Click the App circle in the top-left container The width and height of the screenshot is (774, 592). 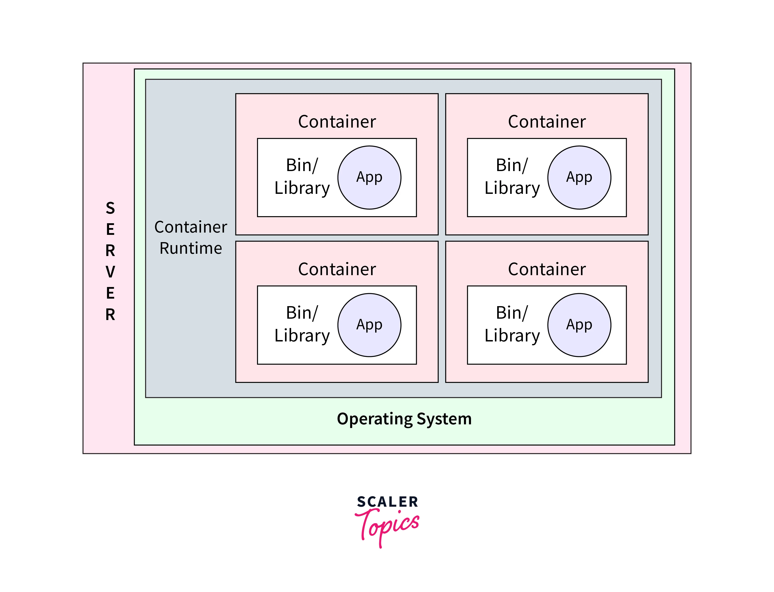(369, 177)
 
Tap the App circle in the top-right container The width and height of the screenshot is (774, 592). (579, 177)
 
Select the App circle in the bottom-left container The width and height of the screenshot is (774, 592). (369, 325)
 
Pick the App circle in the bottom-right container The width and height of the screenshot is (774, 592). (579, 325)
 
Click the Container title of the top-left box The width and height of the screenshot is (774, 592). (337, 122)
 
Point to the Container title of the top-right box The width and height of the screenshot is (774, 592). (547, 122)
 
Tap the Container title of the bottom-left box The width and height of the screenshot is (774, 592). (337, 269)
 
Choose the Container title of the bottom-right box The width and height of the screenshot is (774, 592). (547, 269)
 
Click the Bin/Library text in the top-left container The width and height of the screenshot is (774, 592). (302, 177)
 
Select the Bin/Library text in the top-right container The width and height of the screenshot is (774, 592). (512, 177)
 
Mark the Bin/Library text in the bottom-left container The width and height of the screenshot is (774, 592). (302, 324)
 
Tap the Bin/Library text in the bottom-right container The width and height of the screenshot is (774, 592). (512, 324)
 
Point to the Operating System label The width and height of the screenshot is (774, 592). (404, 419)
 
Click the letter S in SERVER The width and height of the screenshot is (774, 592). (110, 208)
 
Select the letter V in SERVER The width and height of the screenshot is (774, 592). (110, 272)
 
